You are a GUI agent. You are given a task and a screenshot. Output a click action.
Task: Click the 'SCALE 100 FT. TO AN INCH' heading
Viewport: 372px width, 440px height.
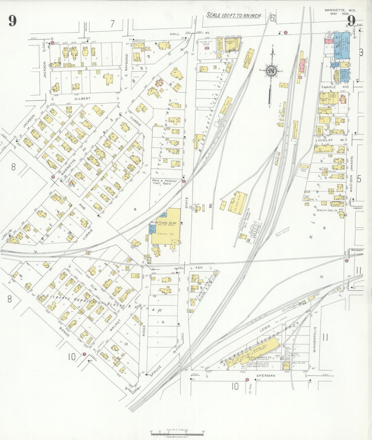(x=233, y=15)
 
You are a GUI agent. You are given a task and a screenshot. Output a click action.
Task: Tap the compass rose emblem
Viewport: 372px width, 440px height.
(x=271, y=71)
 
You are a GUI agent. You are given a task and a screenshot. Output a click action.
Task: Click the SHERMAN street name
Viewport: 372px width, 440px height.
(x=265, y=376)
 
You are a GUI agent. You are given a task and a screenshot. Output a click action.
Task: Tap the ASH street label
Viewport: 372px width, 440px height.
(x=198, y=268)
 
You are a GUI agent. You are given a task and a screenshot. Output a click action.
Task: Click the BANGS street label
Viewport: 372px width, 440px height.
(x=64, y=331)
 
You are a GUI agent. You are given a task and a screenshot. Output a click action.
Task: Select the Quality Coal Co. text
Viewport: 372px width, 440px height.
(x=327, y=210)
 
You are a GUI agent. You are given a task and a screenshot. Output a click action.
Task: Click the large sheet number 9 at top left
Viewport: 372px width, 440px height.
(x=12, y=21)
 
